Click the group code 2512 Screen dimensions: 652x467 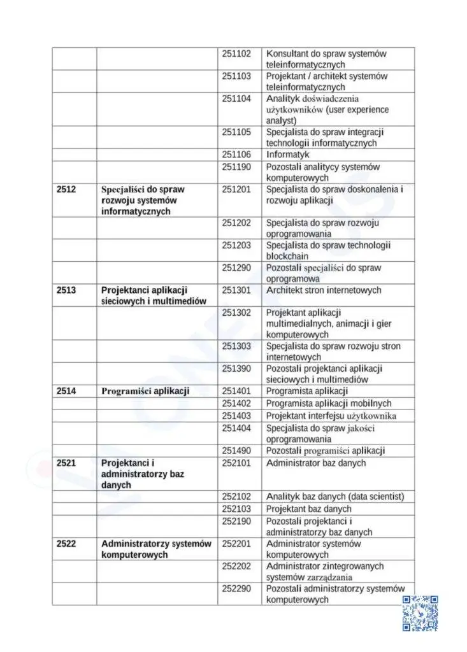coord(66,189)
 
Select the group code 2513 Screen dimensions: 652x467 coord(66,290)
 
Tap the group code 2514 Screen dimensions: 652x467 coord(66,391)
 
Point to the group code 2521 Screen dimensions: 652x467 coord(66,463)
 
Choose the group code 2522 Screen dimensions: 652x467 coord(66,544)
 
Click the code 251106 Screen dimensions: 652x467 coord(236,154)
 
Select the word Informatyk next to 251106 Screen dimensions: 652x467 coord(287,154)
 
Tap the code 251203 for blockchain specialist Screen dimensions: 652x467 coord(236,245)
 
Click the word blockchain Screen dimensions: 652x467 coord(287,257)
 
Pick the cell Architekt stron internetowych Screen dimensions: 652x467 coord(324,290)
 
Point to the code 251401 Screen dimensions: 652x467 coord(236,391)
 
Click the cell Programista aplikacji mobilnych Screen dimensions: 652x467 coord(329,404)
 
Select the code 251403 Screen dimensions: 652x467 coord(236,416)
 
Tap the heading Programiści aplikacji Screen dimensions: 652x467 coord(145,391)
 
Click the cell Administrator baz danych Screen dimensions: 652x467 coord(316,464)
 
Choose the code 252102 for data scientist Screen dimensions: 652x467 coord(236,497)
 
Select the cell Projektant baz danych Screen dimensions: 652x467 coord(308,509)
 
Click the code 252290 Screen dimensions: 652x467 coord(236,588)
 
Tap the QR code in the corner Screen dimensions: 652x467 coord(420,613)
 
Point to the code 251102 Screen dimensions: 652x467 coord(236,53)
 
